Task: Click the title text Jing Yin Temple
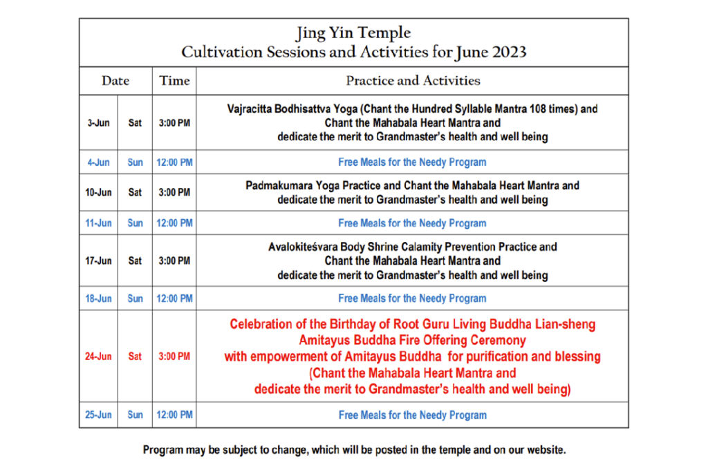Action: point(353,33)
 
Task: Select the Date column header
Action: point(115,81)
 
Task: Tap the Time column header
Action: point(174,81)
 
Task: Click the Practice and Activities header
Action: point(413,81)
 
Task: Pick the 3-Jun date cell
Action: point(98,123)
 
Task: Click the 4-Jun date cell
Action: point(98,162)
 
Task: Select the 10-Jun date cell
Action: point(98,192)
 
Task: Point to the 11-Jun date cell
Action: point(98,223)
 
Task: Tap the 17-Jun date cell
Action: point(98,261)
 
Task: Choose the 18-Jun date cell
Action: point(98,299)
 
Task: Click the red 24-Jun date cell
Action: point(98,357)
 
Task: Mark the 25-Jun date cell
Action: point(98,415)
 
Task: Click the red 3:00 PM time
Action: point(174,357)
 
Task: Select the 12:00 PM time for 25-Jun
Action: point(174,415)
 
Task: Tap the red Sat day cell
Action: point(135,357)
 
